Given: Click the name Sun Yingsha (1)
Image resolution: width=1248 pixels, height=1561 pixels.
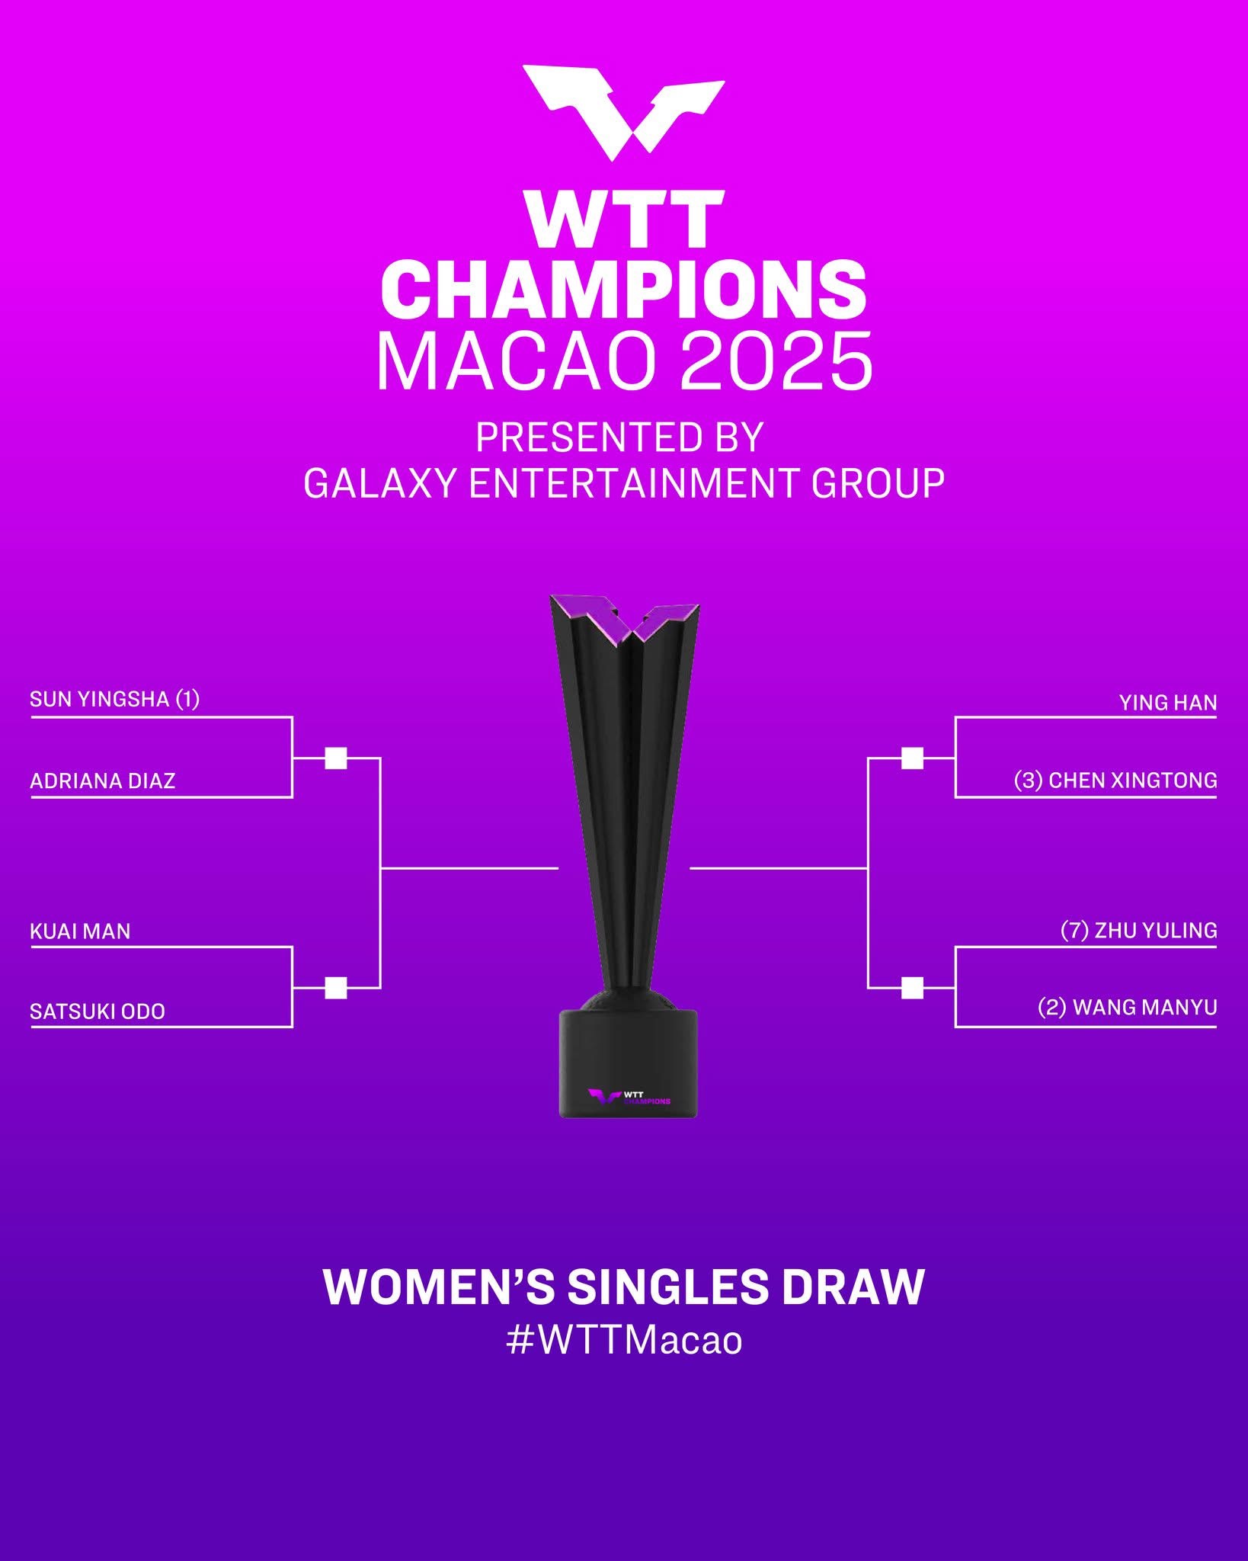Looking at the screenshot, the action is pos(114,699).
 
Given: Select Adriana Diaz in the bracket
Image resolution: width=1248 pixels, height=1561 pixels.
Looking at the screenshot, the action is pos(103,780).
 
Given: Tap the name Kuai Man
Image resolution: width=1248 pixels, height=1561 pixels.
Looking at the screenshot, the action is pos(80,931).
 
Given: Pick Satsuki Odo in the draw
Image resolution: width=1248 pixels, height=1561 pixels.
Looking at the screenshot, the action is pos(98,1011).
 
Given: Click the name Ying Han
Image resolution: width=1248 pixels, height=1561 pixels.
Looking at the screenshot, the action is pos(1168,703).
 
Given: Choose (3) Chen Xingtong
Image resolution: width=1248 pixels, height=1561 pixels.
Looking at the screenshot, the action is pos(1115,780).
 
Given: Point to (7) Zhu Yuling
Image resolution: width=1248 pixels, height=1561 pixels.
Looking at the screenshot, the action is pos(1139,931).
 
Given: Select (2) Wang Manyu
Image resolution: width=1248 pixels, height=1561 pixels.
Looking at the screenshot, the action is pos(1128,1008).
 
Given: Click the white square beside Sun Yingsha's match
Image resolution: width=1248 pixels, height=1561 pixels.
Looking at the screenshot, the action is pos(336,758).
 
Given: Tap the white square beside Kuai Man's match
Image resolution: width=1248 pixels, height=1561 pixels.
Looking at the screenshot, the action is pos(336,988).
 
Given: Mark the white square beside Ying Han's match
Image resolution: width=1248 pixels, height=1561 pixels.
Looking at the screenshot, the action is pos(912,758).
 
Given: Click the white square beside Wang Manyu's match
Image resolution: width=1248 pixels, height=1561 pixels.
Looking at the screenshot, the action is pos(912,988).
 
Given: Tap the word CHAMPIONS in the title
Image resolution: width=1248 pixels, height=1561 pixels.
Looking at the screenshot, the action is pos(623,290).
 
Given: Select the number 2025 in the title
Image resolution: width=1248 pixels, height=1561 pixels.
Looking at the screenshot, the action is pos(776,361).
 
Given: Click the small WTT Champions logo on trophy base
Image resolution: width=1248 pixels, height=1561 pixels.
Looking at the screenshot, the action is pos(629,1097).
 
